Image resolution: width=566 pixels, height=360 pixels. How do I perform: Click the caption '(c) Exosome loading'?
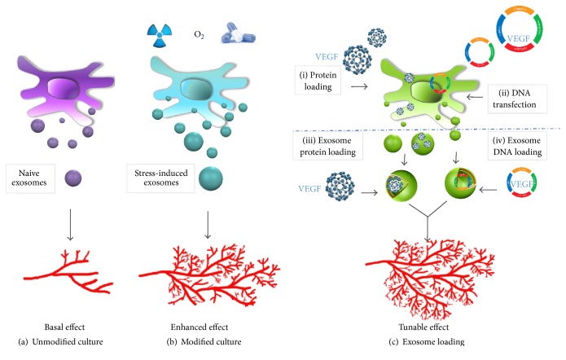tap(430, 340)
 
